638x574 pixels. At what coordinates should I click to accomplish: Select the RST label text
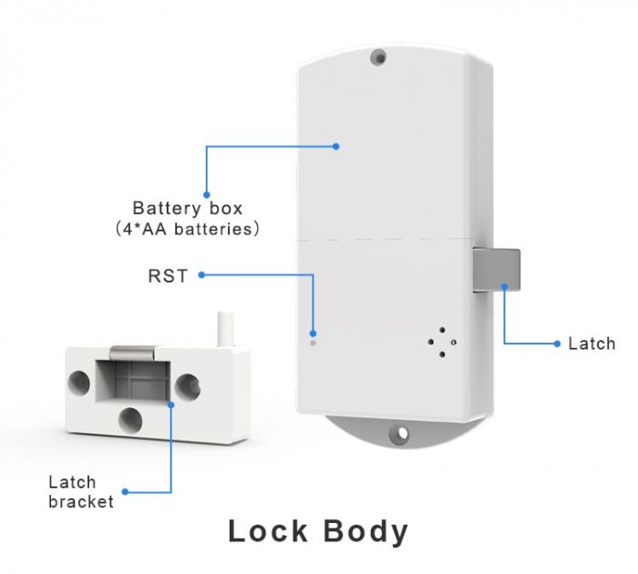[168, 275]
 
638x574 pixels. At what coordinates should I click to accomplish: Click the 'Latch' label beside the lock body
[592, 343]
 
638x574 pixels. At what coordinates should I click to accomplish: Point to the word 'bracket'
[81, 501]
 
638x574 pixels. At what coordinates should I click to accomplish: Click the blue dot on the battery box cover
[335, 146]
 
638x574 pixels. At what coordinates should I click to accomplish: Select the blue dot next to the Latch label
[556, 343]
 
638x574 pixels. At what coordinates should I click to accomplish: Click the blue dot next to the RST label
[200, 274]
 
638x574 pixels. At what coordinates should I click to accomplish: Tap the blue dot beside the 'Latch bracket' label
[125, 492]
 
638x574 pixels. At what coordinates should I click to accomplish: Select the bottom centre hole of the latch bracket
[131, 419]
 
